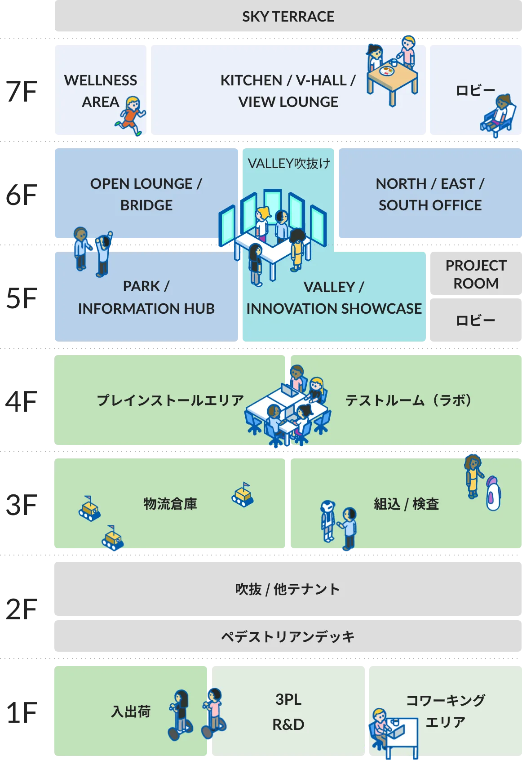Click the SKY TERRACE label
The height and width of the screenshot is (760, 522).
[x=288, y=17]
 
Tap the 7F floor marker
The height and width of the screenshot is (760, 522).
[x=21, y=92]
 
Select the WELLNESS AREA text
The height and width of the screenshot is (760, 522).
[x=101, y=91]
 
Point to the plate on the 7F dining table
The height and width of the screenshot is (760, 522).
[x=387, y=71]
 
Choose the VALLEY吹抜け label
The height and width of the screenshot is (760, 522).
[x=289, y=163]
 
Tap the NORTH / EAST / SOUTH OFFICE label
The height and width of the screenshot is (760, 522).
[x=430, y=194]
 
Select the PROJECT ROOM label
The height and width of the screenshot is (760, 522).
[x=476, y=274]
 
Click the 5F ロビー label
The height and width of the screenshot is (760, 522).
[x=475, y=320]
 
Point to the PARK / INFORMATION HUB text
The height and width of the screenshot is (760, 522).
[x=146, y=297]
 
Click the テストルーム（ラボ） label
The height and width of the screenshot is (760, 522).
[x=408, y=400]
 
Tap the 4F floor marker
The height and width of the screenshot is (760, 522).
[x=21, y=401]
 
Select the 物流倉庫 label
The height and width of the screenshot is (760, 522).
[x=170, y=504]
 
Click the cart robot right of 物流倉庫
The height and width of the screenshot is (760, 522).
[x=243, y=495]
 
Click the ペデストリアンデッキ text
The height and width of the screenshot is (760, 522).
[x=288, y=636]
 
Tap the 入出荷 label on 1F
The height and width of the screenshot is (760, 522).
[x=131, y=711]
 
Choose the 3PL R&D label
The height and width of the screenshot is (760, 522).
[x=288, y=712]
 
